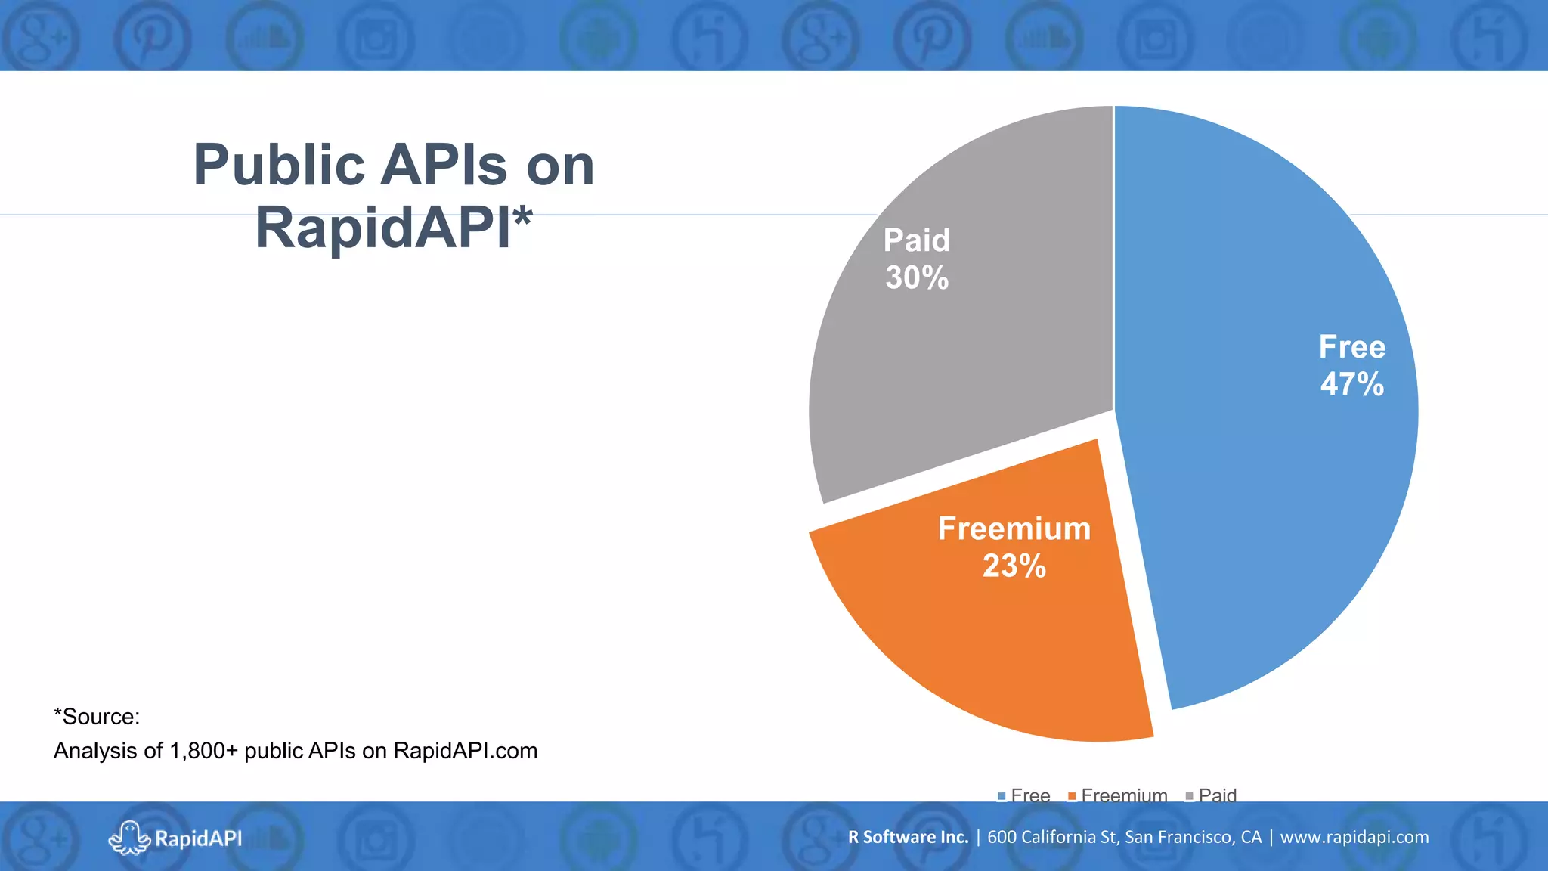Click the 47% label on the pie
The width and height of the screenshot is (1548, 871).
coord(1352,384)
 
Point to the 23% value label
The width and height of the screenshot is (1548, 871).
coord(1014,566)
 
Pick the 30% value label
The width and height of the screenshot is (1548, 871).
coord(917,278)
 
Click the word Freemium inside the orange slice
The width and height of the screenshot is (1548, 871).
coord(1014,528)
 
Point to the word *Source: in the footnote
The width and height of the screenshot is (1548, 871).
coord(97,717)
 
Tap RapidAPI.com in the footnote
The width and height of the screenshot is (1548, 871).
coord(465,751)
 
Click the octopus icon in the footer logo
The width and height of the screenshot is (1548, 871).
coord(129,838)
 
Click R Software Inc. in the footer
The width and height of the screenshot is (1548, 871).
coord(908,837)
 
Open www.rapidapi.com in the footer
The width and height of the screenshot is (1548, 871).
coord(1354,837)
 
